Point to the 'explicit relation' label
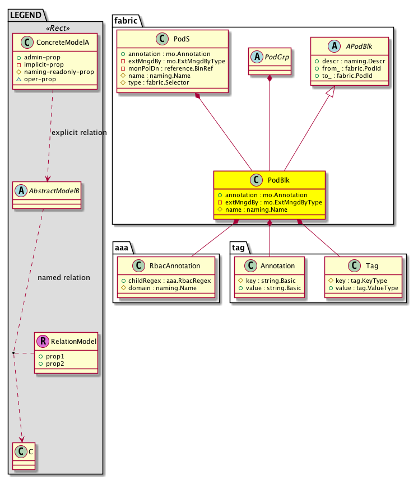[x=79, y=133]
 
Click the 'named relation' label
[x=63, y=277]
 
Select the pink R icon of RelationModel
[x=43, y=341]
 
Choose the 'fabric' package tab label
[x=125, y=20]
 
